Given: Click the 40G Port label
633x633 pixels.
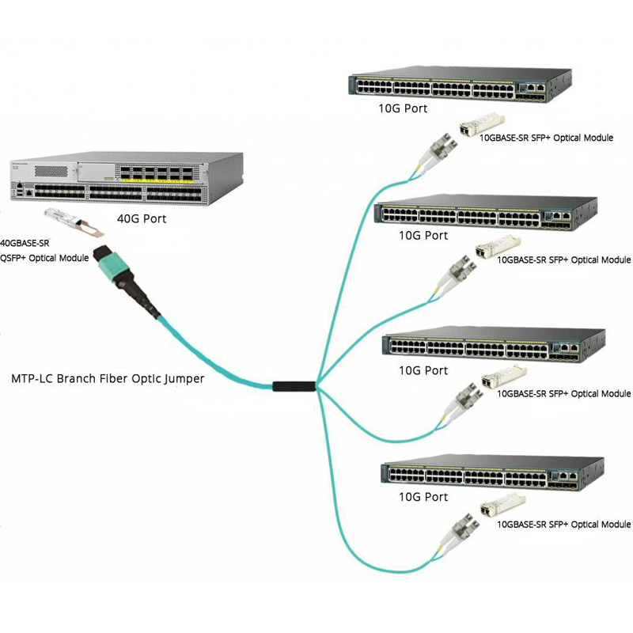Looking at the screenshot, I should [142, 218].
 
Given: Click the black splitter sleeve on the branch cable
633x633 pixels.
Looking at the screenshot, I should [294, 387].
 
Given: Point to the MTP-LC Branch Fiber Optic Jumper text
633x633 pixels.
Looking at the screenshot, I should [108, 379].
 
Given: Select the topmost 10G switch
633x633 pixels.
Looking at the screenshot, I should [459, 85].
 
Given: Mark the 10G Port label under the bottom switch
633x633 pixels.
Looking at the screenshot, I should [423, 497].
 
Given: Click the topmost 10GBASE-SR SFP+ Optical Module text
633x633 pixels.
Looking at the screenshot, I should [547, 138].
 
